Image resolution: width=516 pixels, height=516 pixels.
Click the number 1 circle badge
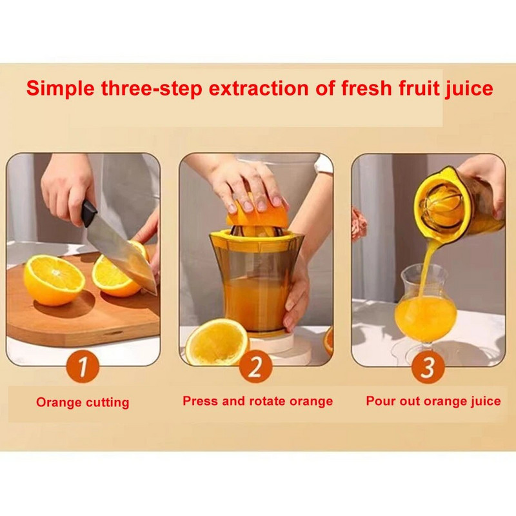click(83, 366)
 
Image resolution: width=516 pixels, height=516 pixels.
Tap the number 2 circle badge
click(255, 366)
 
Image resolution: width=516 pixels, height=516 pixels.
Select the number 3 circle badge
click(428, 367)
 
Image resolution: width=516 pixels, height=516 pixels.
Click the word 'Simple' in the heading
click(60, 89)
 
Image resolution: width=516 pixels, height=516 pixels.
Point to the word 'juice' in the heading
click(470, 89)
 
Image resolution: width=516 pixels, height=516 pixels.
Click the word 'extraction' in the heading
click(259, 88)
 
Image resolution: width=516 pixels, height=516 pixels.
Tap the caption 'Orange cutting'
click(83, 402)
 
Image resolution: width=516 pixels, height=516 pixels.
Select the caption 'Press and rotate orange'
click(257, 401)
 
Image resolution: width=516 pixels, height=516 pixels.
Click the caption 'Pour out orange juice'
click(433, 401)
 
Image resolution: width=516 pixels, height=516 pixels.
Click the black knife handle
click(88, 214)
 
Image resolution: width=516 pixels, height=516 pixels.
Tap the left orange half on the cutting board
click(54, 280)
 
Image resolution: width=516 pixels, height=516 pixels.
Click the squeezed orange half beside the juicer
click(217, 342)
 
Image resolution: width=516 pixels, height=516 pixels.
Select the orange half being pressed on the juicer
click(257, 215)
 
